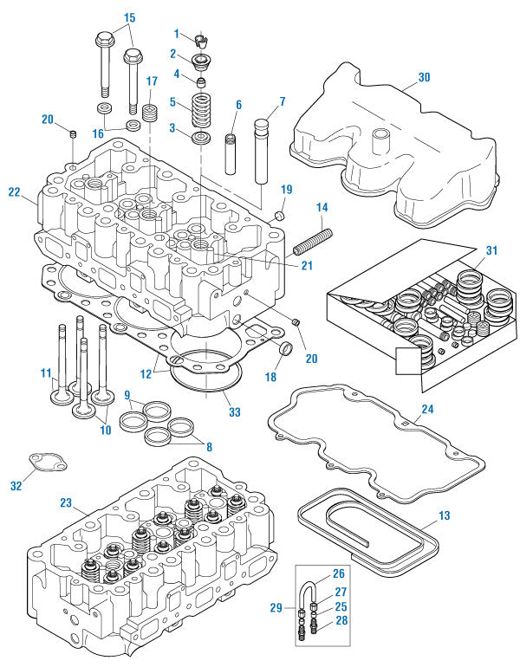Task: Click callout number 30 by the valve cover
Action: (423, 76)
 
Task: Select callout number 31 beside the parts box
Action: (491, 251)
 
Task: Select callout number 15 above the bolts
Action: (130, 17)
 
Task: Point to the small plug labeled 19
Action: (281, 214)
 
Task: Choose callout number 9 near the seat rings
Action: (127, 395)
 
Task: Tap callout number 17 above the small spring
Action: (152, 81)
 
